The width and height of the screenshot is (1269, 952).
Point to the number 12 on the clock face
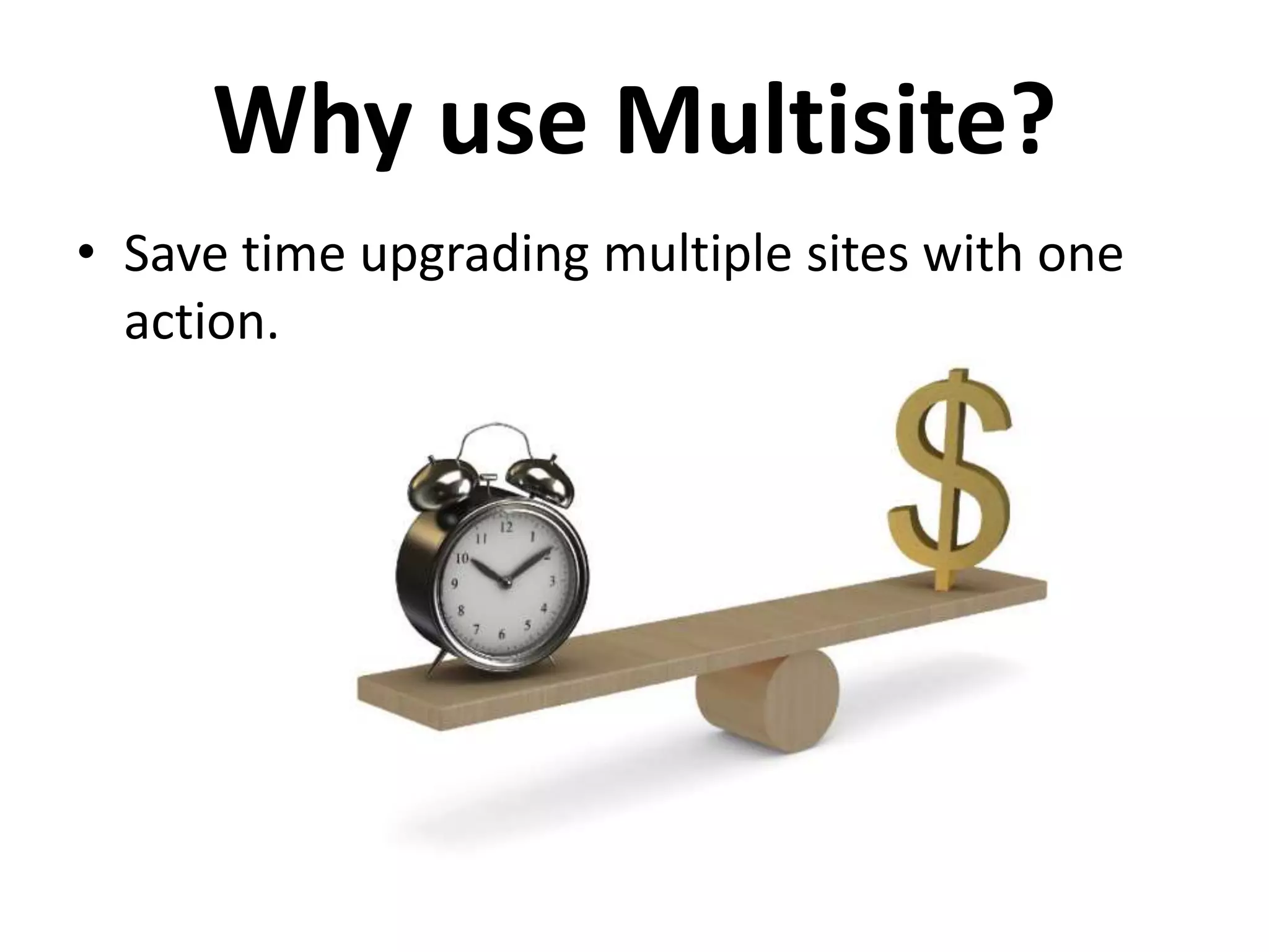click(x=506, y=527)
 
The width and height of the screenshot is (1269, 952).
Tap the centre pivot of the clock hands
click(x=506, y=582)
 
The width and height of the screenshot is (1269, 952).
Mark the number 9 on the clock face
click(x=455, y=583)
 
